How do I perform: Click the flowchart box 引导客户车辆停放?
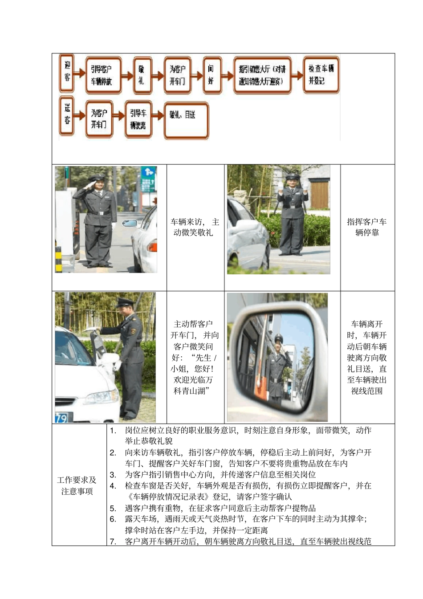(103, 75)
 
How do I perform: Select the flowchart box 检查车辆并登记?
(321, 74)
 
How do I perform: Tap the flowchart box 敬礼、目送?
(186, 121)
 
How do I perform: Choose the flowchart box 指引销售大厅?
(262, 75)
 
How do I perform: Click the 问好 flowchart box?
(212, 75)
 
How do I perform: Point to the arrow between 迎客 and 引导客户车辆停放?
(80, 73)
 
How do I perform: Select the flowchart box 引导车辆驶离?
(138, 119)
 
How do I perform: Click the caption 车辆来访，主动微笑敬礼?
(195, 227)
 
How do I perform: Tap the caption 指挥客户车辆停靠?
(367, 227)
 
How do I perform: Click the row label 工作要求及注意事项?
(77, 485)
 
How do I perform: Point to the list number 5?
(113, 508)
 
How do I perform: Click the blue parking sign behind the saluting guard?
(148, 179)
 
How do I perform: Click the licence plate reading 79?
(61, 418)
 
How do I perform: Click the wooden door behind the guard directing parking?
(319, 194)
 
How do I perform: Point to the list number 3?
(113, 475)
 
